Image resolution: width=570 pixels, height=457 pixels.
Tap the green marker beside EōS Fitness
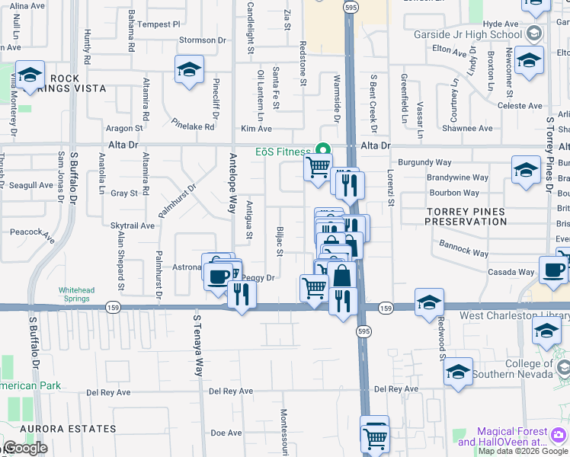pyautogui.click(x=322, y=150)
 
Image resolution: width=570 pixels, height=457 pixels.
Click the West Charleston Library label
pyautogui.click(x=513, y=315)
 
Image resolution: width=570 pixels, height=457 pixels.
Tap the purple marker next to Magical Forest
pyautogui.click(x=560, y=436)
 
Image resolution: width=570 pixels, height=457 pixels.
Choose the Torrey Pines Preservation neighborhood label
pyautogui.click(x=466, y=216)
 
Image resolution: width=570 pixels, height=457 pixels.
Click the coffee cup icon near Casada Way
pyautogui.click(x=552, y=269)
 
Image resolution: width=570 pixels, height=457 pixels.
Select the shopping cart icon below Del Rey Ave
pyautogui.click(x=374, y=437)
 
